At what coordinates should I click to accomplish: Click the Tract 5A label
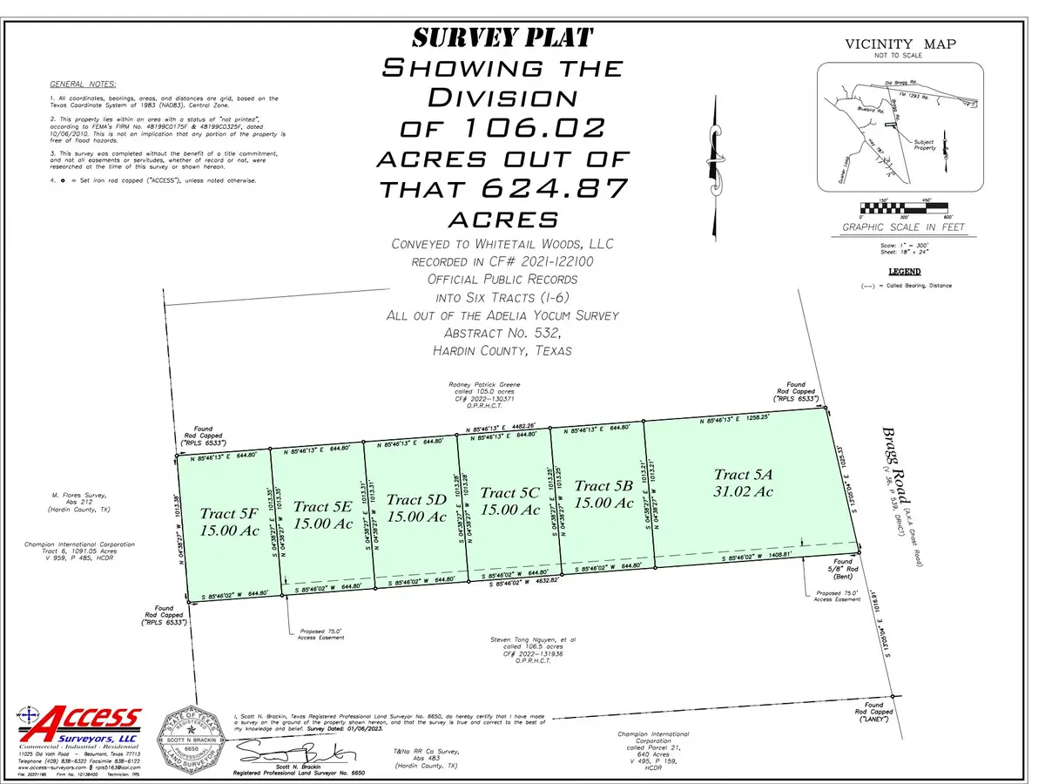click(x=744, y=475)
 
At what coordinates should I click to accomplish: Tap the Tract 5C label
click(x=510, y=493)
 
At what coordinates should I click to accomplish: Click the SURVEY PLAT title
click(x=502, y=38)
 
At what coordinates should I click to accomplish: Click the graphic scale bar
click(x=906, y=207)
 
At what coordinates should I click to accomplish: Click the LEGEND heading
click(x=905, y=271)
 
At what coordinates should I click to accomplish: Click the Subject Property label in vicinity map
click(x=925, y=145)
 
